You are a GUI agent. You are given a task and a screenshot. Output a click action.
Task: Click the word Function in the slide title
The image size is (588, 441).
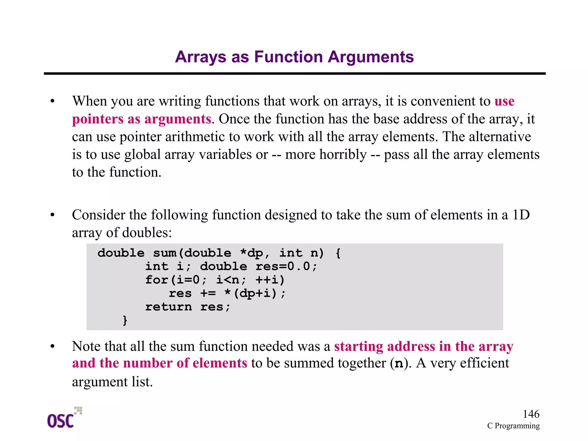tap(288, 57)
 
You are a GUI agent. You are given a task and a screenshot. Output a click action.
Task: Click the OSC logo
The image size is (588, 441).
tap(64, 418)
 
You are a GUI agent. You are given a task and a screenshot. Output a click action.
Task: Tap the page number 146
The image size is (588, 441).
tap(531, 414)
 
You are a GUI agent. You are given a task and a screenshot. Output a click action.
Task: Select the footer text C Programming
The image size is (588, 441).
tap(513, 426)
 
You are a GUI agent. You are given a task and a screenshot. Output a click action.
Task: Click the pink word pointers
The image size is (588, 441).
tap(97, 119)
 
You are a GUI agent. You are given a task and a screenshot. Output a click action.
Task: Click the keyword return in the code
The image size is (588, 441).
tap(169, 307)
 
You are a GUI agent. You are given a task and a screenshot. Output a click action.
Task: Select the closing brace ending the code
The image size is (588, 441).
tap(125, 320)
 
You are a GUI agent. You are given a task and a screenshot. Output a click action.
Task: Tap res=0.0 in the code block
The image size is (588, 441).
tap(286, 266)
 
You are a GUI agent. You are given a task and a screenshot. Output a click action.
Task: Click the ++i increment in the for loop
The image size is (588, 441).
tap(270, 280)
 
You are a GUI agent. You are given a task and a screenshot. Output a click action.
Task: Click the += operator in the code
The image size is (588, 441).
tap(208, 294)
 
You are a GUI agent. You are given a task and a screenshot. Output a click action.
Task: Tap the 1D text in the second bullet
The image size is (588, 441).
tap(521, 215)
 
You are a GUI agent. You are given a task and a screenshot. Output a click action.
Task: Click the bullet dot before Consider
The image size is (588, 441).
tap(52, 215)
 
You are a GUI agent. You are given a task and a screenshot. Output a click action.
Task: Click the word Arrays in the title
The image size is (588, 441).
tap(200, 57)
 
